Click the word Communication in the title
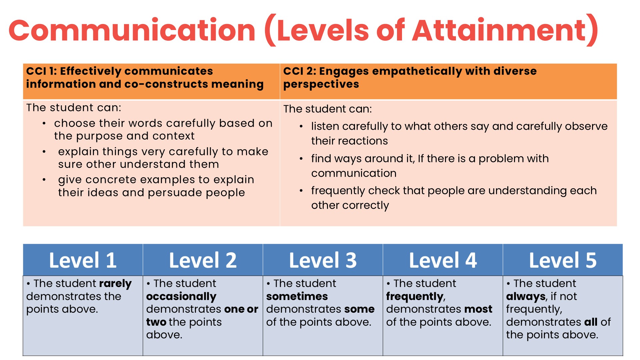point(132,30)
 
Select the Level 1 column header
point(83,260)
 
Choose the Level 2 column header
point(203,260)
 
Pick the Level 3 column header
point(323,260)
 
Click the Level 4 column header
point(443,260)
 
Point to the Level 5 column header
point(563,260)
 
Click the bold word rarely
point(115,284)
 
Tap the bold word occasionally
point(181,297)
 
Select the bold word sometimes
point(297,296)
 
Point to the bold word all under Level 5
point(591,322)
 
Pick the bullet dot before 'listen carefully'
point(301,127)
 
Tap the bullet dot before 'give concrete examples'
point(44,180)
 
